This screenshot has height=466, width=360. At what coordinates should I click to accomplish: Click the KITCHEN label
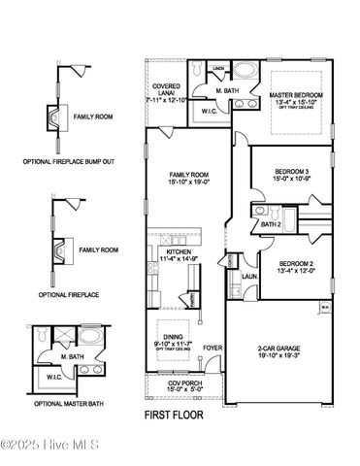point(178,251)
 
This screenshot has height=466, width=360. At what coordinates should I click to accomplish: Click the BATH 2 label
point(273,225)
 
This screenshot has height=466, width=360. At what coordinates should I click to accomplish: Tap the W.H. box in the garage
point(326,309)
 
